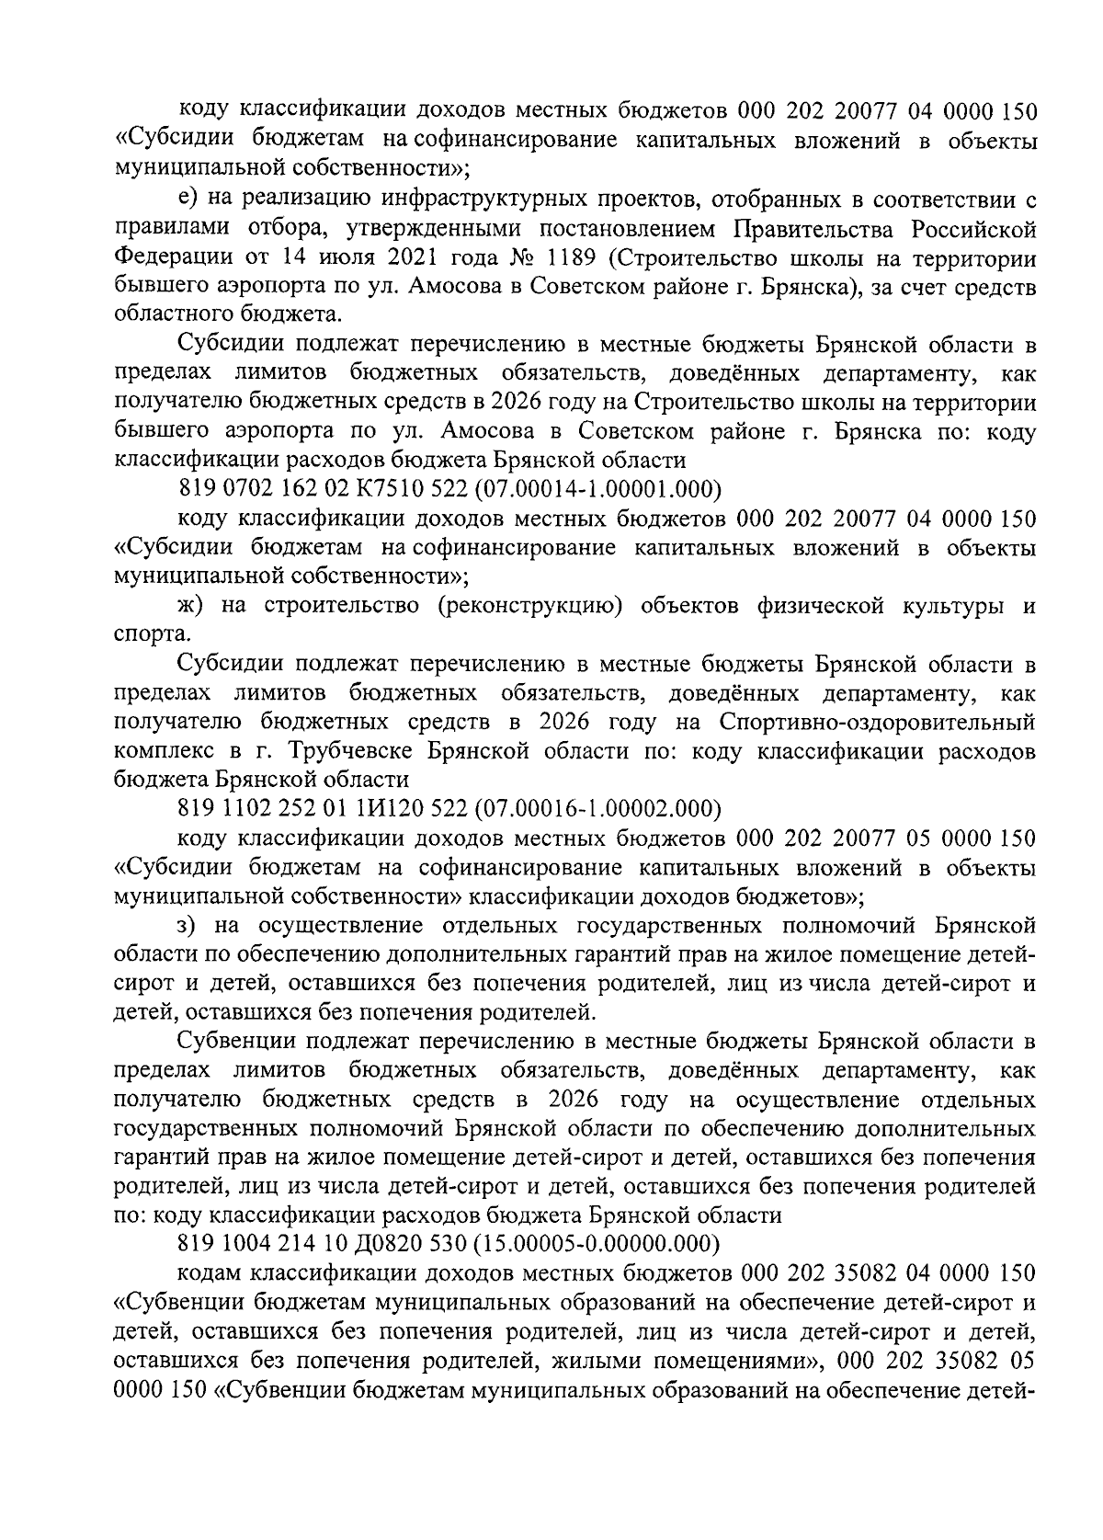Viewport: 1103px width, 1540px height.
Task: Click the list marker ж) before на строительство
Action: tap(190, 606)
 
